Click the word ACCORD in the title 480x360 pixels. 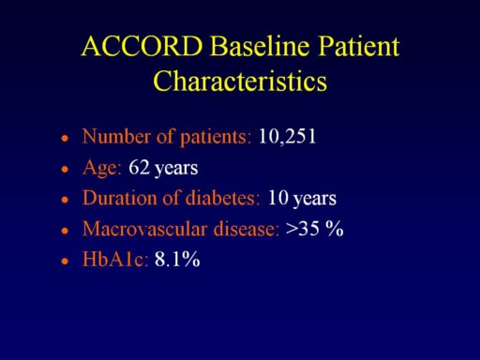coord(142,46)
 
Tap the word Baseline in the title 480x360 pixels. coord(261,46)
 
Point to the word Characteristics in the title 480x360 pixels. coord(240,81)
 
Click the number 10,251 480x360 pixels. coord(288,137)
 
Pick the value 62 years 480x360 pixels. coord(163,168)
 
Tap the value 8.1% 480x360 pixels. coord(177,259)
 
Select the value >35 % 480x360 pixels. coord(314,229)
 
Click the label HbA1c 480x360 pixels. coord(114,259)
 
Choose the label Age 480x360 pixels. coord(101,168)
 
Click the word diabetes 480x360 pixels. coord(222,198)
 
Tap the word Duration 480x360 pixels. coord(120,198)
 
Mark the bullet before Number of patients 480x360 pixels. coord(65,138)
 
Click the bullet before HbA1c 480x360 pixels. coord(65,261)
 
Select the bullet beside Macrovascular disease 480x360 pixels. coord(65,231)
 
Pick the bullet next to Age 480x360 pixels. coord(65,169)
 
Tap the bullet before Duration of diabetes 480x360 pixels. coord(65,199)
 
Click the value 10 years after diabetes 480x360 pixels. coord(302,199)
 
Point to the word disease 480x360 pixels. coord(247,229)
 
